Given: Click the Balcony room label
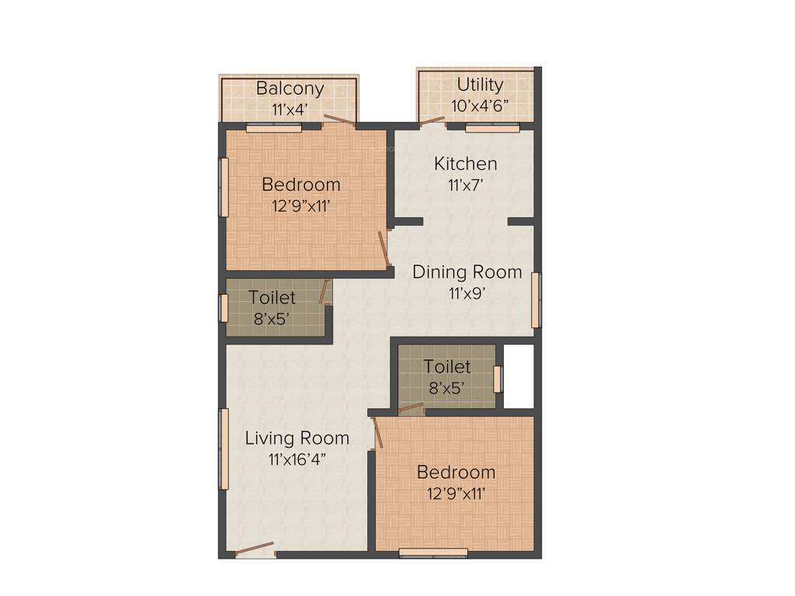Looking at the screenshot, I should tap(290, 88).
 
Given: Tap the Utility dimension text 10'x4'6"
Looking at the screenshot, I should tap(480, 106).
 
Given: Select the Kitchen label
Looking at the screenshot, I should tap(465, 164).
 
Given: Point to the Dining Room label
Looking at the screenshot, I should tap(467, 272).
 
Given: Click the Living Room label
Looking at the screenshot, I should tap(297, 438).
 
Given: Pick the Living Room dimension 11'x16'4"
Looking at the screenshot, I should tap(297, 459).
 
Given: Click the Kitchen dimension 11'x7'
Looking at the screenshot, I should tap(465, 185).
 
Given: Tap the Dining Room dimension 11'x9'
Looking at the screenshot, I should tap(467, 293).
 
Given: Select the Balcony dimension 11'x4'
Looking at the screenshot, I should tap(290, 109).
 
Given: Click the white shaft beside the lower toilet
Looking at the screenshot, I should tap(519, 376).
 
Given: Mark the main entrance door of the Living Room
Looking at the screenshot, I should tap(255, 549).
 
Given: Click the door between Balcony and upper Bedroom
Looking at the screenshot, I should tap(339, 120).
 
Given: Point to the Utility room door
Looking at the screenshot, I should tap(432, 121).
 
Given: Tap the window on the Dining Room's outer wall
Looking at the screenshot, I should tap(536, 300).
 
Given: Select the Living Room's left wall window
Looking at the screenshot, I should tap(224, 449).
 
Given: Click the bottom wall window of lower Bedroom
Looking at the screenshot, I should tap(433, 553).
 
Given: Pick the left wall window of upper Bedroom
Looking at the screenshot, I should tap(224, 187).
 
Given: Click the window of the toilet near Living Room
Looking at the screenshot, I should tap(224, 308).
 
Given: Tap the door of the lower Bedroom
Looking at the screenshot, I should tap(377, 433).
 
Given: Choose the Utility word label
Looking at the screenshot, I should tap(480, 85).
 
